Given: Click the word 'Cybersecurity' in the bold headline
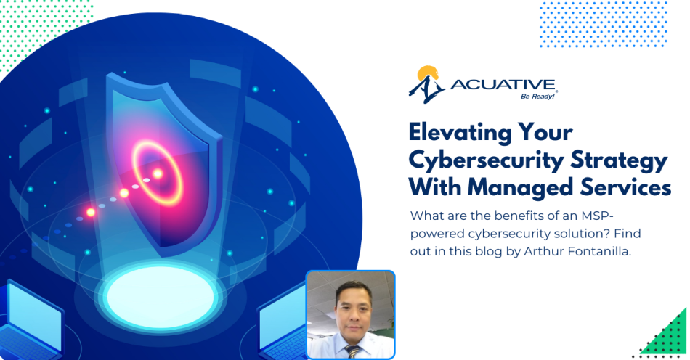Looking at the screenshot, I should (480, 160).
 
